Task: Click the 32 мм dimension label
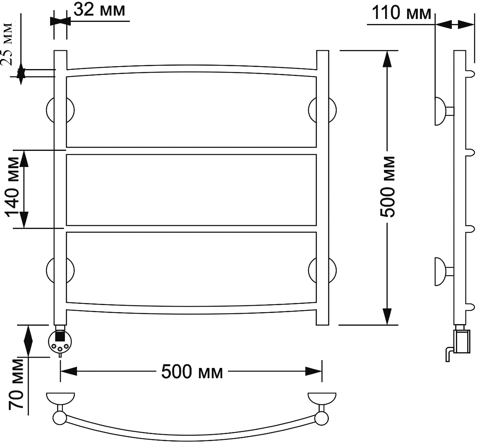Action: click(99, 10)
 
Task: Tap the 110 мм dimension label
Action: click(401, 13)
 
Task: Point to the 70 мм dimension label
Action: click(16, 384)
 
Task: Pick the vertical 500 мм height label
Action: click(388, 186)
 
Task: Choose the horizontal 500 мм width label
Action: click(192, 372)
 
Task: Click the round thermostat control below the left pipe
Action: click(60, 341)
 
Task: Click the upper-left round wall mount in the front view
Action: click(60, 110)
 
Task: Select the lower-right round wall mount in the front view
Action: click(322, 270)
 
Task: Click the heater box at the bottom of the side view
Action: click(462, 341)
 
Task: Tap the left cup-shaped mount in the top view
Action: click(60, 399)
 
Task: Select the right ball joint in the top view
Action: click(321, 418)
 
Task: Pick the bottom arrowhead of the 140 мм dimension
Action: click(24, 220)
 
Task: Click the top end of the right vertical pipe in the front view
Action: click(322, 51)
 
